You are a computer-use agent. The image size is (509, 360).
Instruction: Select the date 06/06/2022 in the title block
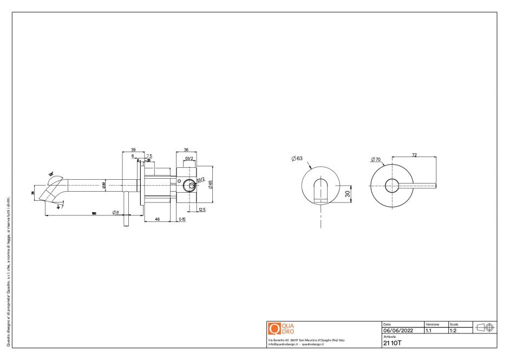point(398,330)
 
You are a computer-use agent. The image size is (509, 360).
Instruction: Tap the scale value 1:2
point(453,330)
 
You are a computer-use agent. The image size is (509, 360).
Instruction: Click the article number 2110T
point(393,343)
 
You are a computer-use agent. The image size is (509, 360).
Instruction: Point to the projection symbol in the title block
point(485,328)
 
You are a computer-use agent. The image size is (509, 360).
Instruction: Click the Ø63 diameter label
point(296,159)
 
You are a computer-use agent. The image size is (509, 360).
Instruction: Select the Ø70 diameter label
point(376,160)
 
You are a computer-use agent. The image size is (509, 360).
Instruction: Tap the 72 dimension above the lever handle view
point(414,155)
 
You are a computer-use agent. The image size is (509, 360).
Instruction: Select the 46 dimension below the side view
point(157,219)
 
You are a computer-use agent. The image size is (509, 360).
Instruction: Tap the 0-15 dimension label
point(182,219)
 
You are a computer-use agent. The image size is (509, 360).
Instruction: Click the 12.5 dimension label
point(202,210)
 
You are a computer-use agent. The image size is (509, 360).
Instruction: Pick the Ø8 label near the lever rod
point(116,212)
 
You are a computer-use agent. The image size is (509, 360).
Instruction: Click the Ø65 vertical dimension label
point(210,184)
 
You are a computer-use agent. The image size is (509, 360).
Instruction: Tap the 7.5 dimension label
point(149,156)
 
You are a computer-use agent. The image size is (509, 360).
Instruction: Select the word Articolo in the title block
point(389,337)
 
